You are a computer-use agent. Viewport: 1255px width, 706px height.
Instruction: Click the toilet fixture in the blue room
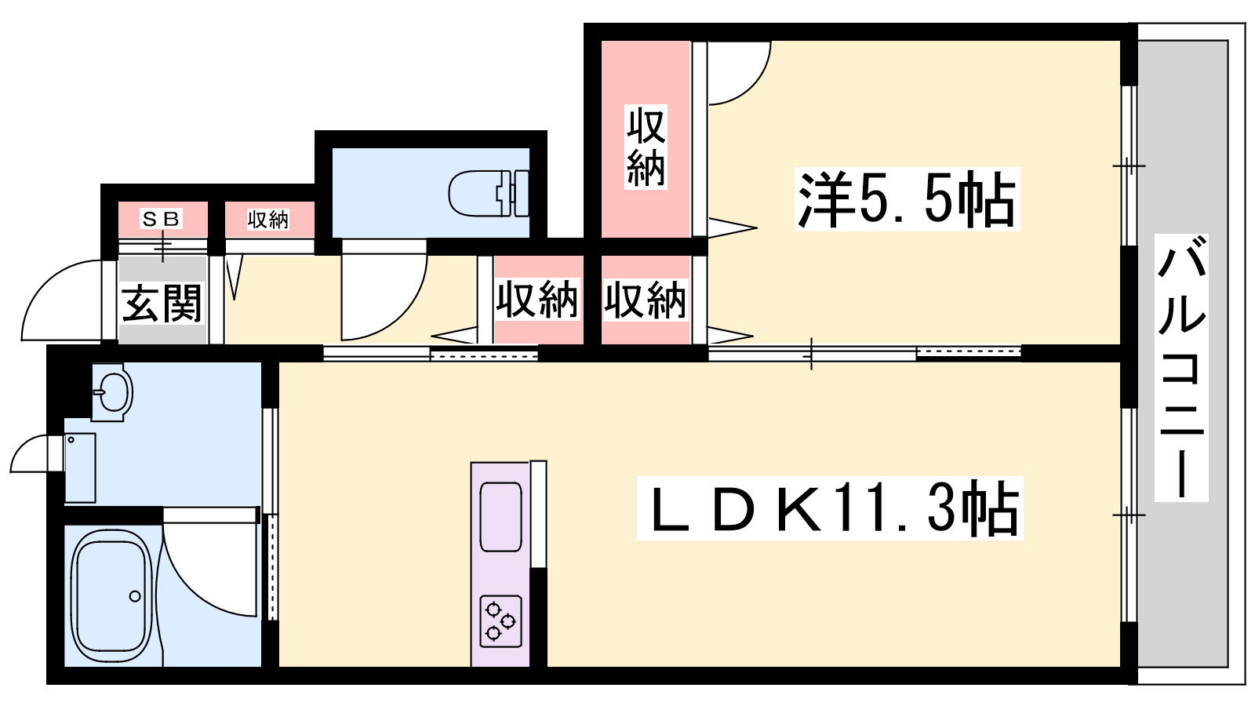pos(489,194)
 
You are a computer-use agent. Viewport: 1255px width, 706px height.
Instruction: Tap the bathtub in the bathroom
pos(113,597)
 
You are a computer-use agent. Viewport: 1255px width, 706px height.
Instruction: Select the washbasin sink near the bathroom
pos(112,391)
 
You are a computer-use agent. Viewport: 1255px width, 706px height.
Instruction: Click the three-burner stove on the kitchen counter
pos(500,621)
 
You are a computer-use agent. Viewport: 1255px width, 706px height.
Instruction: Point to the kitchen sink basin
pos(501,517)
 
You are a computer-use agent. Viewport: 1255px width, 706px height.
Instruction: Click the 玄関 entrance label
pos(162,303)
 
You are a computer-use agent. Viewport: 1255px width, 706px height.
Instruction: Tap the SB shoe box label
pos(162,219)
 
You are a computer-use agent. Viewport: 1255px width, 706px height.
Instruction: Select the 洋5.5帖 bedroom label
pos(907,199)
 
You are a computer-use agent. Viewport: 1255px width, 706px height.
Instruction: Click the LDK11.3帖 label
pos(830,508)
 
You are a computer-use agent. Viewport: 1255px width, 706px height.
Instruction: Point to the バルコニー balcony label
pos(1181,368)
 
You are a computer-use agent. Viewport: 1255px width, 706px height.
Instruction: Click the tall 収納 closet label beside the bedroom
pos(646,147)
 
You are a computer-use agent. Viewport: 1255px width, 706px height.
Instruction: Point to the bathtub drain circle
pos(135,596)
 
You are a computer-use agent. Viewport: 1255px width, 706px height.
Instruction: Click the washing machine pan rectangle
pos(80,468)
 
